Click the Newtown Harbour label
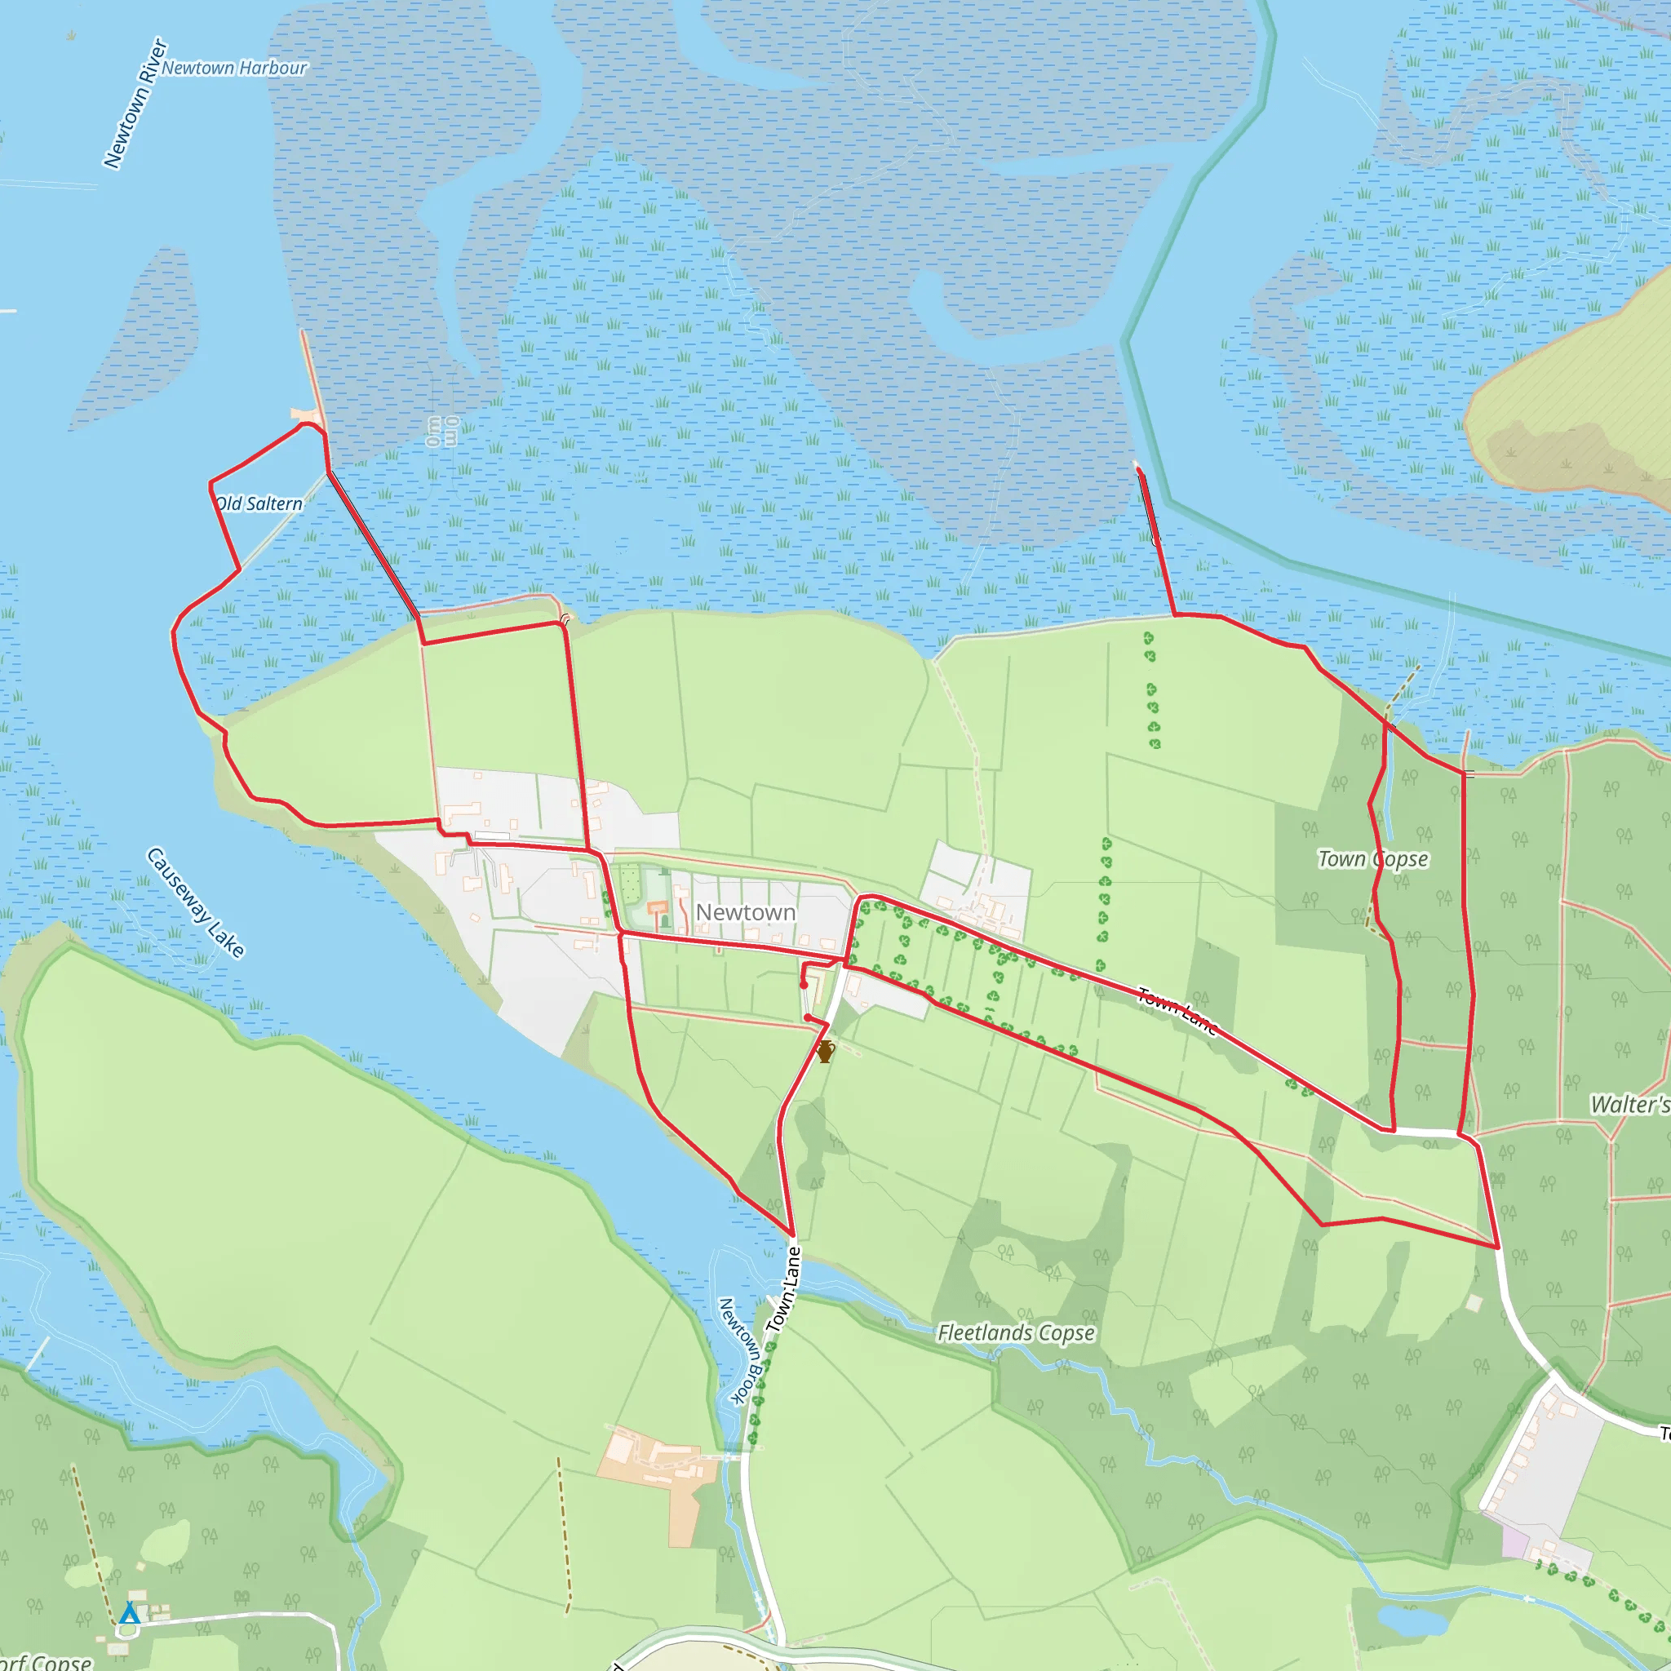(233, 68)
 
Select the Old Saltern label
(259, 503)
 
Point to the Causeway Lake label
(196, 903)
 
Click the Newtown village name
(746, 912)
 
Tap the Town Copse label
(1372, 859)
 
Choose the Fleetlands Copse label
(1017, 1333)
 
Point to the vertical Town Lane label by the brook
(783, 1288)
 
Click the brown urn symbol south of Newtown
(825, 1052)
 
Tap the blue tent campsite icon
(130, 1612)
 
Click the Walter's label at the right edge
(1629, 1105)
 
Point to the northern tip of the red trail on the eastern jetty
(1138, 470)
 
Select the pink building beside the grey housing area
(1514, 1542)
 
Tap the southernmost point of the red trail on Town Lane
(791, 1235)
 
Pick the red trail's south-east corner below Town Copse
(1497, 1247)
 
